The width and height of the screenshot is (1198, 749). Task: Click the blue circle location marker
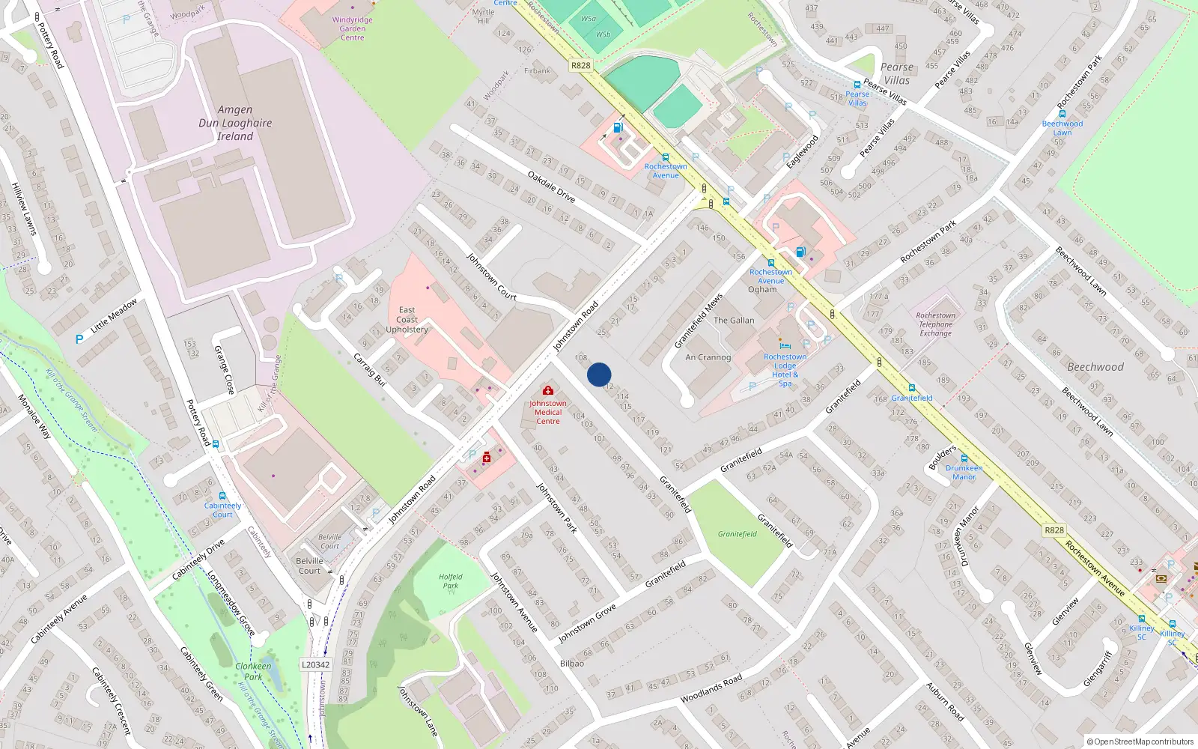(599, 374)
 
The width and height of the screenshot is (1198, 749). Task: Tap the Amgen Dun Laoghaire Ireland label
(235, 123)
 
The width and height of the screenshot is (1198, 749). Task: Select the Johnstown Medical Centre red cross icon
(548, 390)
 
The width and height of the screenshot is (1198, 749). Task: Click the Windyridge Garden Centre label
(352, 28)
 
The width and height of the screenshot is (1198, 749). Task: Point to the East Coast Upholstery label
(407, 320)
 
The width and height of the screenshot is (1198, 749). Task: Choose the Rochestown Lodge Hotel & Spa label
(785, 370)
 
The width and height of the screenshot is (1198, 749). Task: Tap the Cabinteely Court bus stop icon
(222, 496)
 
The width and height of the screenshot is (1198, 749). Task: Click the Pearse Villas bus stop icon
(857, 85)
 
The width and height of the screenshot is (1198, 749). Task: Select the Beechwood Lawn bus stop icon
(1062, 114)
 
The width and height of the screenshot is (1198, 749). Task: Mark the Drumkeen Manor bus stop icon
(964, 458)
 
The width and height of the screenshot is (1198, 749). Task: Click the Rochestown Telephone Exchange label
(935, 324)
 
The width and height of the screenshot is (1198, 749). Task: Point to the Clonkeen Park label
(253, 671)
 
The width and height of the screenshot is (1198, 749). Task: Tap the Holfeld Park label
(451, 581)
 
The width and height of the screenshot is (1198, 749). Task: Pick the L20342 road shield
(315, 664)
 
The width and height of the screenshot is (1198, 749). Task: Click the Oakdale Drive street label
(551, 187)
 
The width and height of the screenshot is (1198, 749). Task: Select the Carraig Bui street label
(369, 369)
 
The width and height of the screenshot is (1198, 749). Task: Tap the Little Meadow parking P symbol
(79, 339)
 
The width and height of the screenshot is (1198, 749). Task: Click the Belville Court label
(309, 565)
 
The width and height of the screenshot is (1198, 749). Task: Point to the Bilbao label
(572, 664)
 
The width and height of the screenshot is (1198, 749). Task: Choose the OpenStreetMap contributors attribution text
(1140, 742)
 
